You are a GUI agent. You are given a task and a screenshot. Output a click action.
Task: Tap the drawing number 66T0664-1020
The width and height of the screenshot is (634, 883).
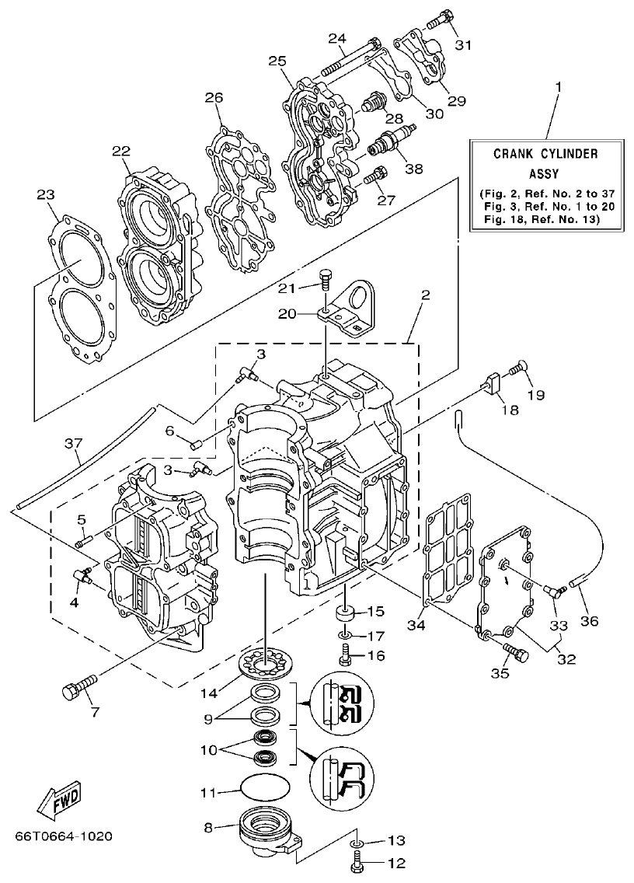tap(63, 836)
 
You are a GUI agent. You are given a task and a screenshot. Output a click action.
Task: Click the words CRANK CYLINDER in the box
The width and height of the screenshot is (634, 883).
tap(545, 154)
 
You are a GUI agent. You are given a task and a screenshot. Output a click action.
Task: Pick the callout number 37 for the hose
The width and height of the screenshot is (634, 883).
tap(72, 443)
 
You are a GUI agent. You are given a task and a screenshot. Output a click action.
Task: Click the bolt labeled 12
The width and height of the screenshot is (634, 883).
tap(358, 861)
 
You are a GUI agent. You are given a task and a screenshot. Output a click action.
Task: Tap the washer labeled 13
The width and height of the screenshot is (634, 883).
tap(356, 843)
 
